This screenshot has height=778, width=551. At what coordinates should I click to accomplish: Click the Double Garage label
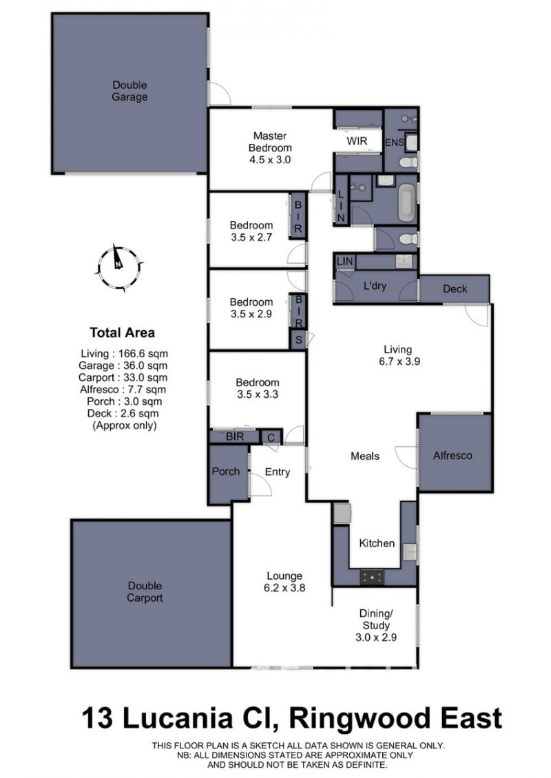point(129,91)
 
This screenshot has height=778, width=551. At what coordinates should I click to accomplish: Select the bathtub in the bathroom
point(406,202)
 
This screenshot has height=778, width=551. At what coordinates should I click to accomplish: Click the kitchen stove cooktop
point(372,576)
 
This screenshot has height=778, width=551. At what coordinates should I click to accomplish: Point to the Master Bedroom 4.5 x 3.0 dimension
point(270,160)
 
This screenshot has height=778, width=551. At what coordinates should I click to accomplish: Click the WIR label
point(357,141)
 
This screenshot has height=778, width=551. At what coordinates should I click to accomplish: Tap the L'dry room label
point(375,286)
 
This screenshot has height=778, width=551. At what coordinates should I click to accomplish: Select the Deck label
point(455,288)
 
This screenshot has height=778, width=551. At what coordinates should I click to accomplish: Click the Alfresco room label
point(453,456)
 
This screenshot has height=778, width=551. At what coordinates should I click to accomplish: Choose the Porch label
point(225,472)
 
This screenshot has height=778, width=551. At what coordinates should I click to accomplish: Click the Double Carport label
point(145,592)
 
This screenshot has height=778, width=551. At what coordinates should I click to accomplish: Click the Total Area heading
point(122,333)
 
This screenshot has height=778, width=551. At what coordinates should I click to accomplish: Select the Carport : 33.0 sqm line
point(123,377)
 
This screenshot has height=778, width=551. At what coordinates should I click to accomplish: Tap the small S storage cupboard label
point(299,340)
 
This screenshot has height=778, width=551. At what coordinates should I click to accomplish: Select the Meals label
point(365,456)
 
